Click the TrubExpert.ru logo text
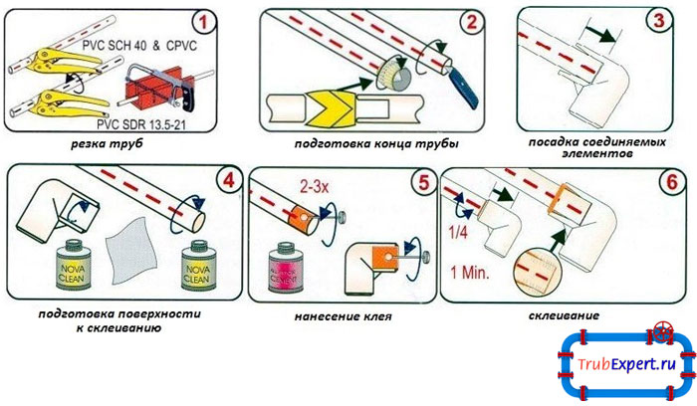(x=624, y=365)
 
